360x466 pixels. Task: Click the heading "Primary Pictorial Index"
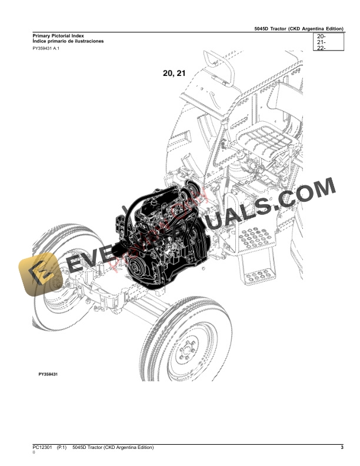[x=59, y=36]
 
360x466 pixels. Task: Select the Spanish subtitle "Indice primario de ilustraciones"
[x=68, y=42]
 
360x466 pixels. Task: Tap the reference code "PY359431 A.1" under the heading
[x=46, y=48]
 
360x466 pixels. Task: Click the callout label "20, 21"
[x=174, y=74]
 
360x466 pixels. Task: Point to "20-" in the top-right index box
[x=321, y=36]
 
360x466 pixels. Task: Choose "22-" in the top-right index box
[x=321, y=48]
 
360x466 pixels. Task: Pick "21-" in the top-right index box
[x=321, y=42]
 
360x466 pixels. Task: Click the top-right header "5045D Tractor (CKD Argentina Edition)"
[x=300, y=28]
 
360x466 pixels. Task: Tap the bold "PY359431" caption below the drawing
[x=51, y=374]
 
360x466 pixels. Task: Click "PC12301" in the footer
[x=42, y=448]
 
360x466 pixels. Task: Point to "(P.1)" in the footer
[x=63, y=448]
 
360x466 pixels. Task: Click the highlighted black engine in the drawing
[x=162, y=235]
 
